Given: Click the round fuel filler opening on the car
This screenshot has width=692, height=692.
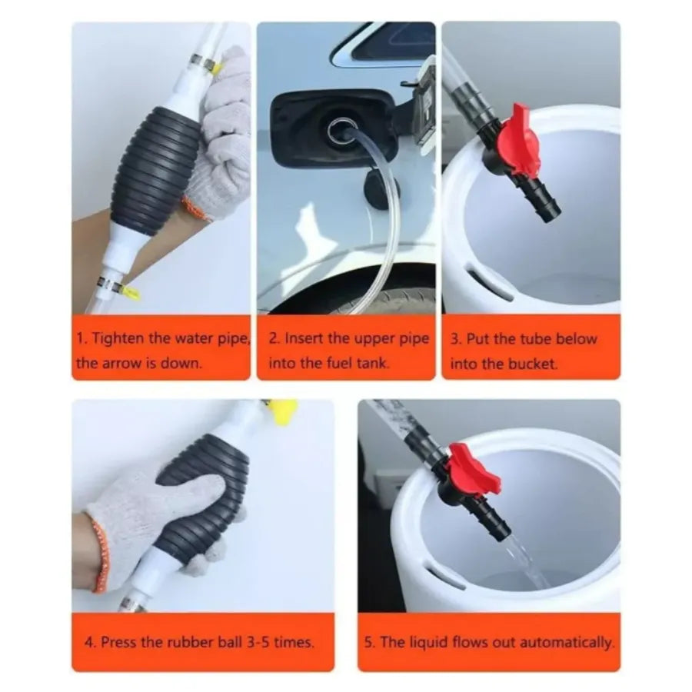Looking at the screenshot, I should coord(338,130).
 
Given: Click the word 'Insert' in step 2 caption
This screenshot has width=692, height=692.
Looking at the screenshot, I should coord(303,338).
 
